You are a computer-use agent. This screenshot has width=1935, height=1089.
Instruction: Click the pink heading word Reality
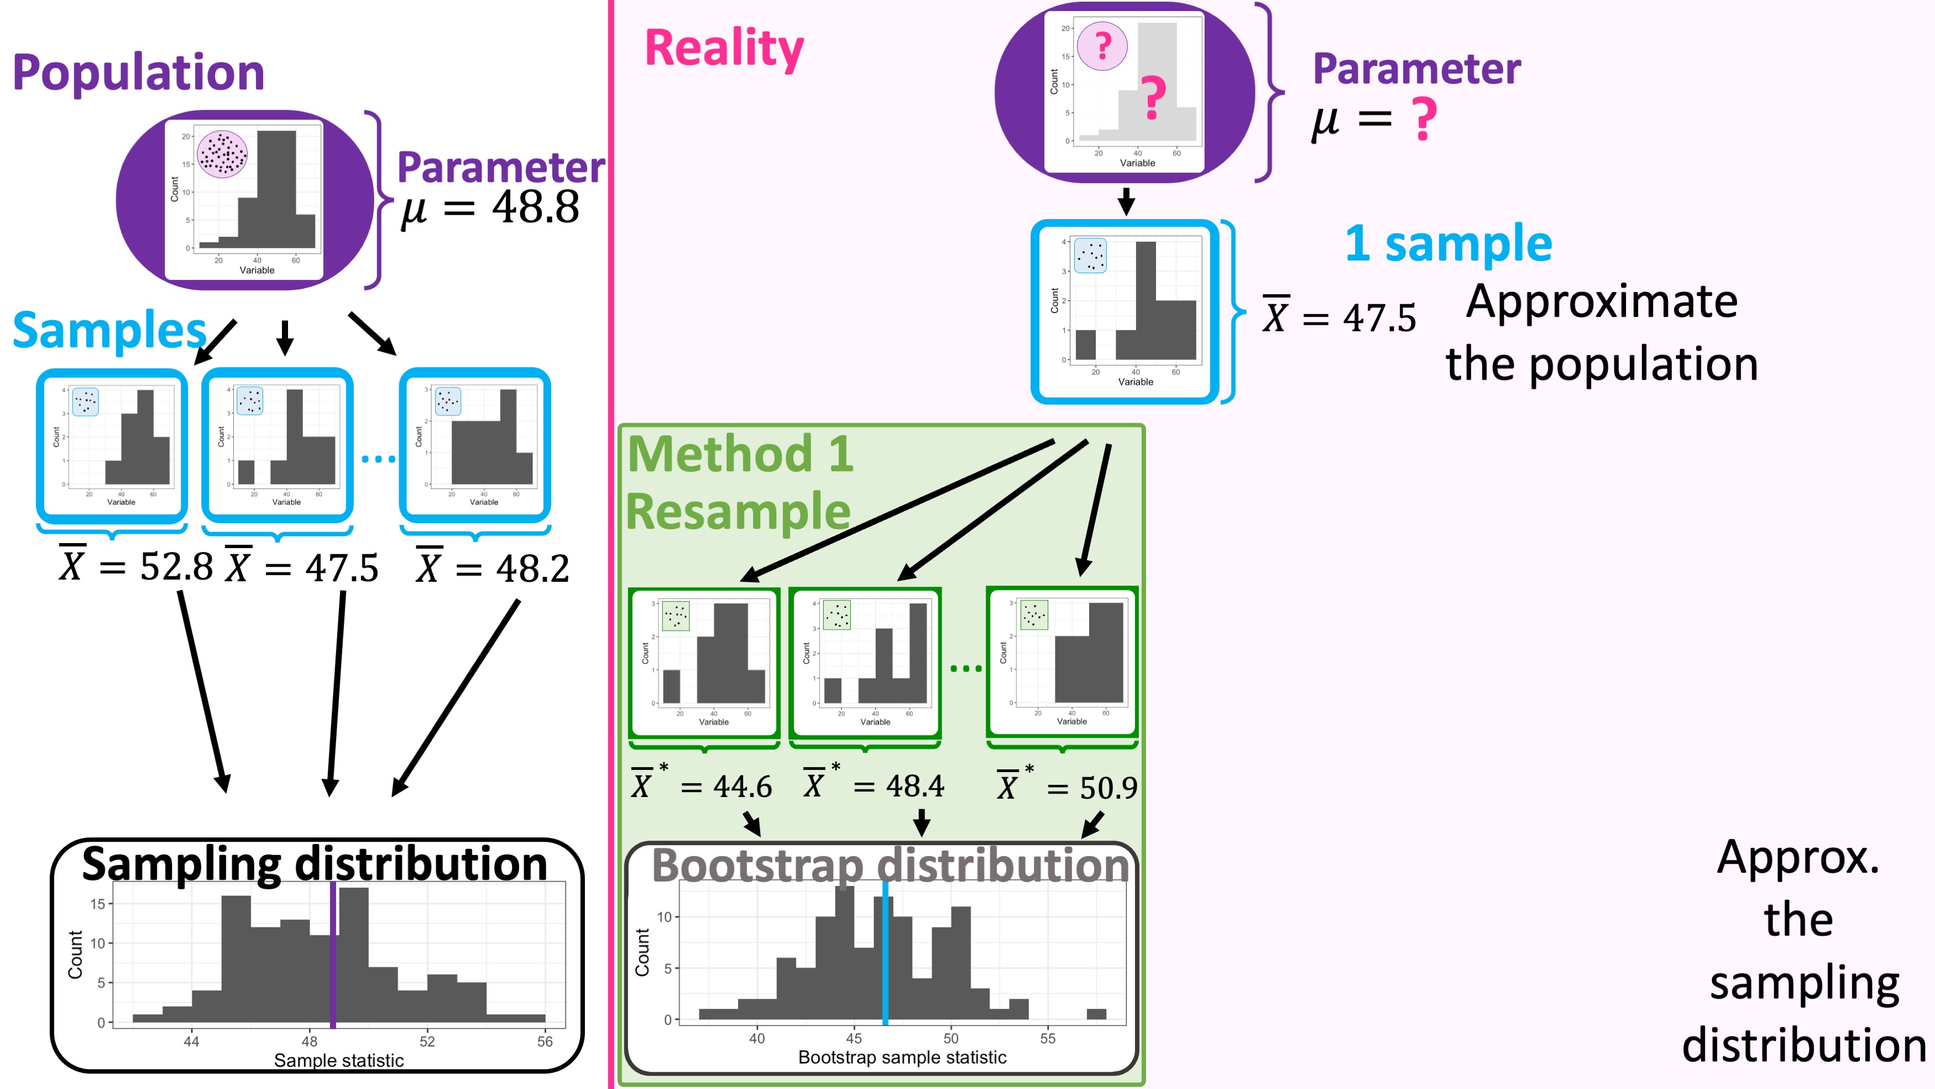[724, 48]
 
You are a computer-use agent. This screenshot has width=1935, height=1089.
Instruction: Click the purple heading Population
[139, 73]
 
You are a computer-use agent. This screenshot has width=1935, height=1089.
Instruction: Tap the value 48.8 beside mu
[536, 207]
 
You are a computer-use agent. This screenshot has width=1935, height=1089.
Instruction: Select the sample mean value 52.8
[176, 567]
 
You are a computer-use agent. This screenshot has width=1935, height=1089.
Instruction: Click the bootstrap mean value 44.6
[742, 787]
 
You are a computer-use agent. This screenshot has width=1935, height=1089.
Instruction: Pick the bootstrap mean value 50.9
[1108, 788]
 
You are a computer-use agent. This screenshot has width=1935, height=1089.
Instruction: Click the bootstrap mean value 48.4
[915, 786]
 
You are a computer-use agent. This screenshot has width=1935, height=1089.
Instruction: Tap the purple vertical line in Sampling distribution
[333, 955]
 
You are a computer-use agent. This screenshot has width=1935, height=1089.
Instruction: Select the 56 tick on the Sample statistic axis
[545, 1041]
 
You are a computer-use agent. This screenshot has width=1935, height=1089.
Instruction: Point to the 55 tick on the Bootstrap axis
[1048, 1038]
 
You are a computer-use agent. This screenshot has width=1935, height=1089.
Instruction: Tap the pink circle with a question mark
[1102, 46]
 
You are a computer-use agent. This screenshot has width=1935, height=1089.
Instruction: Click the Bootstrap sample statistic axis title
[902, 1057]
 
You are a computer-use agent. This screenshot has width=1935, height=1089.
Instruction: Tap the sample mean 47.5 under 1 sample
[1379, 318]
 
